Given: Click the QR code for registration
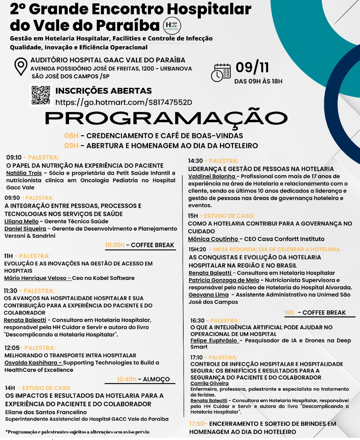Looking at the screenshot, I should coord(41,95).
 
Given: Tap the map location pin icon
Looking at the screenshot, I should coord(21,66).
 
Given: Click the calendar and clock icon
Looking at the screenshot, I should coord(221,73).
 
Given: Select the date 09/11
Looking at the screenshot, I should coord(252,67).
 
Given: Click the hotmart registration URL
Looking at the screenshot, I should coord(124,102).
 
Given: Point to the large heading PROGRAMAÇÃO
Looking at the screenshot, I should coord(166,118).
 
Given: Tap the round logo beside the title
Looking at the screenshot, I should coord(172,26).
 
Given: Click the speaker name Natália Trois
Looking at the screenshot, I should coord(24,173).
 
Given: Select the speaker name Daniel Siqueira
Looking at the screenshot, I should coord(25,229).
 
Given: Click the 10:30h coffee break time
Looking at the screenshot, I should coord(115,245).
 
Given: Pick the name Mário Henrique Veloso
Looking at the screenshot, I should coord(35,278).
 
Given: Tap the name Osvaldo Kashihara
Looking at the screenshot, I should coord(31,363).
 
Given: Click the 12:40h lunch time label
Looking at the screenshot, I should coord(126,379).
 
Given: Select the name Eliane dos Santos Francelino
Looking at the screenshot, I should coord(46,412).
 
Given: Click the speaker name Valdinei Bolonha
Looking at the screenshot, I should coord(212,176).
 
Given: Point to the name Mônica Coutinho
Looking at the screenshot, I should coord(213,239).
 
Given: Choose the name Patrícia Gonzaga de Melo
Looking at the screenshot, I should coord(224,280).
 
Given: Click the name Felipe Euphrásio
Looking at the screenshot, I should coord(214,340).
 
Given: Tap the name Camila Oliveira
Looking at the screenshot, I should coord(209,383).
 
